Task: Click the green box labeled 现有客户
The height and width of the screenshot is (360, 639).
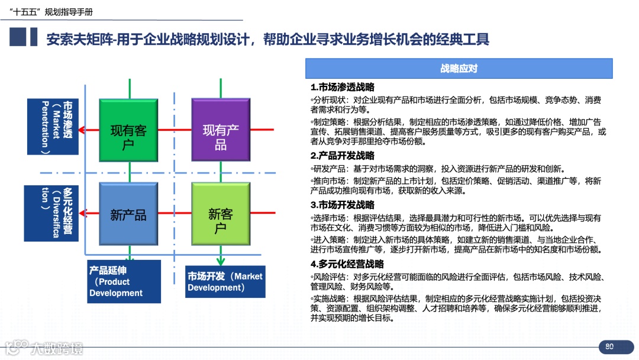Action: point(128,130)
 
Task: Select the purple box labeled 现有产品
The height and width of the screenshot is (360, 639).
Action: point(221,130)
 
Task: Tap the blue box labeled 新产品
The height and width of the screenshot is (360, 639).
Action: point(128,214)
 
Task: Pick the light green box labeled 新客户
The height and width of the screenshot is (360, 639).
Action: point(221,214)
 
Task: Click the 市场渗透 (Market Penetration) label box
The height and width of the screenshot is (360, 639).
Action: point(53,127)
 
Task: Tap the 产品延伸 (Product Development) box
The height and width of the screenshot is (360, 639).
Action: point(124,281)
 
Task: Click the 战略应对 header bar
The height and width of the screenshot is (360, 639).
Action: point(459,69)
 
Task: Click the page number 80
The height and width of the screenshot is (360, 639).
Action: point(609,346)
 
